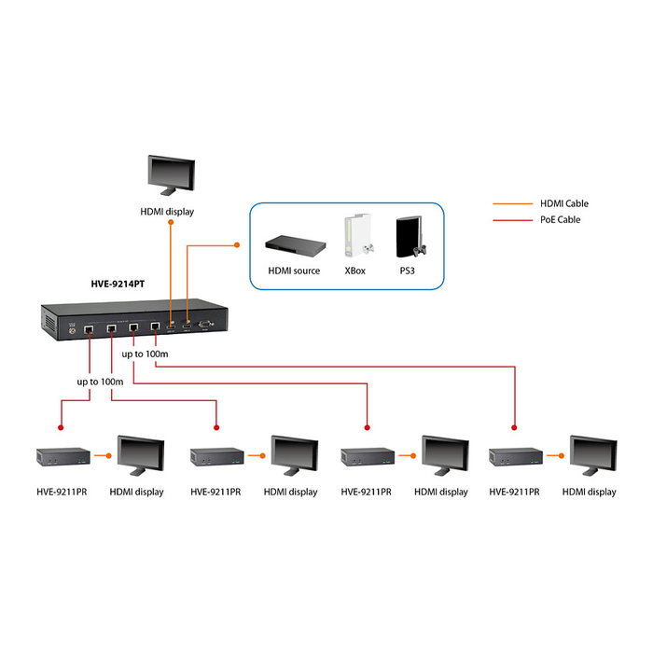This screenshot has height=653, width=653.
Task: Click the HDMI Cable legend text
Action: click(x=564, y=203)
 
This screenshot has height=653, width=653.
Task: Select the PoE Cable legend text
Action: click(x=560, y=220)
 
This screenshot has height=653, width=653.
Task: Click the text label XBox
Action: click(x=354, y=271)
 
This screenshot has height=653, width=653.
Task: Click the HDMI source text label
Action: click(x=294, y=271)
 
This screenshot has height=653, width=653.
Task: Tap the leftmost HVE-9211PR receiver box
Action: click(x=63, y=456)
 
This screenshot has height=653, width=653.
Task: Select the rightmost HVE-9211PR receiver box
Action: click(x=516, y=456)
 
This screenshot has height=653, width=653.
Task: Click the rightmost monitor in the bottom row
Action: click(x=593, y=456)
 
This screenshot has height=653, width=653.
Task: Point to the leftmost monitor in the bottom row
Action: click(x=140, y=456)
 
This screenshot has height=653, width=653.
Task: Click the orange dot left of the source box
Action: click(x=237, y=246)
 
